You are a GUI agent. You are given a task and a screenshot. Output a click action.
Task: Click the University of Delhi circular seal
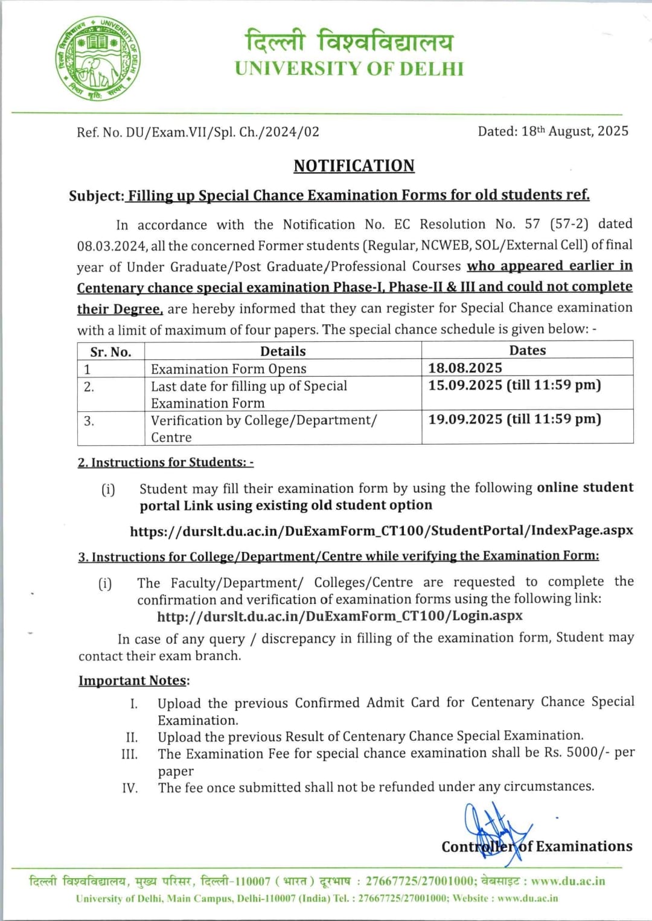tap(98, 59)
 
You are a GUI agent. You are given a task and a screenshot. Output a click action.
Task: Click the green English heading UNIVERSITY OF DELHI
tap(349, 69)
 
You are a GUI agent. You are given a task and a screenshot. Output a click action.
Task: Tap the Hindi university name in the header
tap(349, 41)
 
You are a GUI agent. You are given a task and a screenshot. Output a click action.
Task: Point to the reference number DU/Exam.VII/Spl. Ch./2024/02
tap(222, 132)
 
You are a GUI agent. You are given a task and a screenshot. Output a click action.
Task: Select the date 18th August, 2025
tap(575, 131)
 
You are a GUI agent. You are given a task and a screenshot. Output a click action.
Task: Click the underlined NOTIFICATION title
tap(354, 165)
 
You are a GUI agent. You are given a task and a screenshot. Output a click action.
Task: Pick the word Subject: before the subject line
tap(96, 196)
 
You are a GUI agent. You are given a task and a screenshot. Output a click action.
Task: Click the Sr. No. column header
tap(110, 352)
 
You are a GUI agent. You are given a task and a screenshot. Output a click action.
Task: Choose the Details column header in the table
tap(283, 351)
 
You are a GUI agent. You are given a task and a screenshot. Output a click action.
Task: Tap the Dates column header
tap(527, 350)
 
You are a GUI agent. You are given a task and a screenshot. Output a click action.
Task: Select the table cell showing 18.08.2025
tap(465, 368)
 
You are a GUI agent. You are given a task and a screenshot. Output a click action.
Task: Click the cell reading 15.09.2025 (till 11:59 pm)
tap(514, 385)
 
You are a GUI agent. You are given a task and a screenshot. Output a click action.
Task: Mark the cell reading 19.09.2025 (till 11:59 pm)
tap(514, 419)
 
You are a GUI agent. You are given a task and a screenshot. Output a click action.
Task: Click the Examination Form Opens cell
tap(229, 369)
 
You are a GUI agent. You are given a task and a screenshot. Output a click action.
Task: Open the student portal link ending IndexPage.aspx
tap(381, 531)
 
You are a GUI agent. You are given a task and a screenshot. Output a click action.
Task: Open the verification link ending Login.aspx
tap(339, 616)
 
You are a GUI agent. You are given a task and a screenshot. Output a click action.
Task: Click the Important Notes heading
tap(133, 681)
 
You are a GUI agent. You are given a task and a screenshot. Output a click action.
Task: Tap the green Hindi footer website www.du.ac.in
tap(567, 881)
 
